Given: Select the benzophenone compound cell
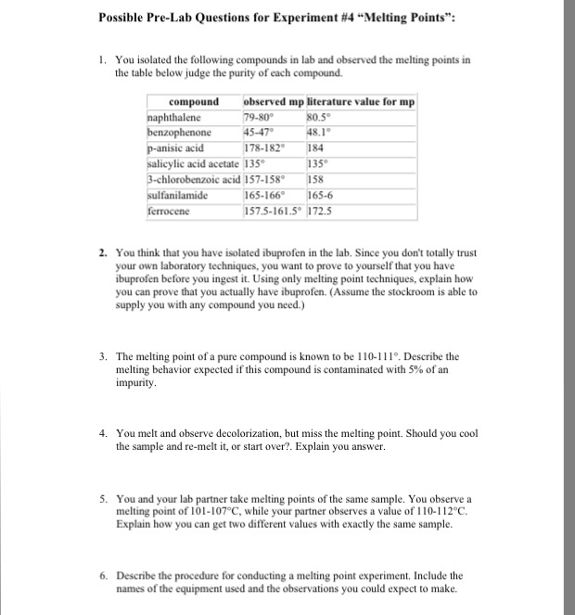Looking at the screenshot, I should [181, 131].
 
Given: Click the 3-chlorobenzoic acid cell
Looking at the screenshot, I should [193, 158].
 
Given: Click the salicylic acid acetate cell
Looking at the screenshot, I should [193, 145].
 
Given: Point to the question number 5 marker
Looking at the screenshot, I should [104, 498].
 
